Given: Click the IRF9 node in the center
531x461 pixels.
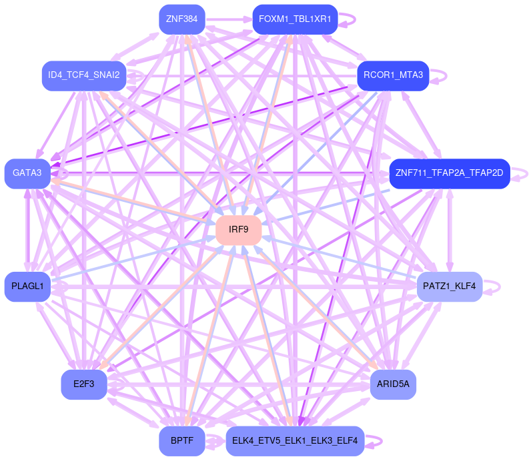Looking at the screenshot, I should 238,230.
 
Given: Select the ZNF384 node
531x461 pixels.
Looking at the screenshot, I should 181,19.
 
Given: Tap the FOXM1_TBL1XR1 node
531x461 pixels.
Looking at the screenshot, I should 295,19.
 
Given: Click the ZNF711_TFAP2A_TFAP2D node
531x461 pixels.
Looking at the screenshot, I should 449,173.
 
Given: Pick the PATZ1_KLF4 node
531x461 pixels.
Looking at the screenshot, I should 449,286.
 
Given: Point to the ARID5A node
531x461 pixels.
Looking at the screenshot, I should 393,384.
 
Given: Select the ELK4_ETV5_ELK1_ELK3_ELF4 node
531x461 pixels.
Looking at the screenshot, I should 295,441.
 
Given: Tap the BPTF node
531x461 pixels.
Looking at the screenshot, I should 181,441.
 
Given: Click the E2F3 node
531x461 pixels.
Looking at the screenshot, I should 84,384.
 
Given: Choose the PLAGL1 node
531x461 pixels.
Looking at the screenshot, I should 27,286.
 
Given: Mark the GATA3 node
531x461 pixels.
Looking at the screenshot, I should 27,173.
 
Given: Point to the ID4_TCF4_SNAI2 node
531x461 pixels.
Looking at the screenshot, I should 84,75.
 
